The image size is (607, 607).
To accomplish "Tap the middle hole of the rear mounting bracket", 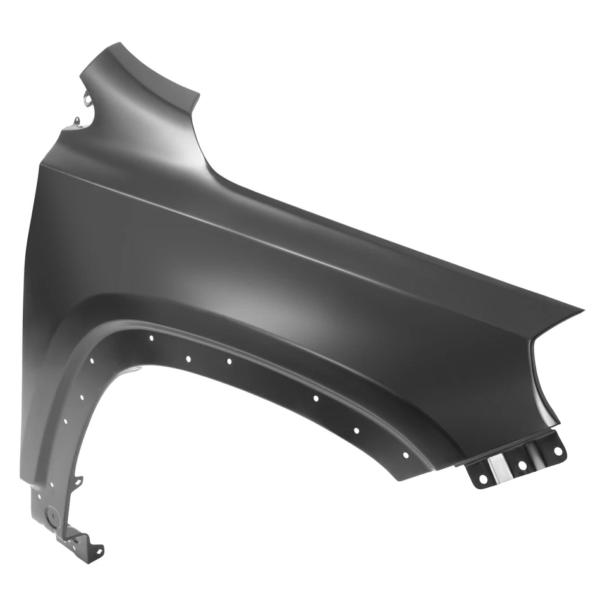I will tap(522, 465).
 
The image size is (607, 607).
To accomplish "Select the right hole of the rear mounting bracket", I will tap(558, 451).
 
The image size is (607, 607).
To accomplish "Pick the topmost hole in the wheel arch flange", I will tap(151, 338).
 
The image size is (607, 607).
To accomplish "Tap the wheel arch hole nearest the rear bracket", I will tap(405, 455).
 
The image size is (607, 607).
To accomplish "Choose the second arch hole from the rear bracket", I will tap(356, 430).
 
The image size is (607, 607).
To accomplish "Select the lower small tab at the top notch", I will tap(77, 121).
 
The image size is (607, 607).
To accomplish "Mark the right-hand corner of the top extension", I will tap(199, 96).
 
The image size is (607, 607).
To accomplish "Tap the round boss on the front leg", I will tap(54, 515).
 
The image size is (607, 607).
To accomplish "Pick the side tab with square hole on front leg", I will tap(77, 482).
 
